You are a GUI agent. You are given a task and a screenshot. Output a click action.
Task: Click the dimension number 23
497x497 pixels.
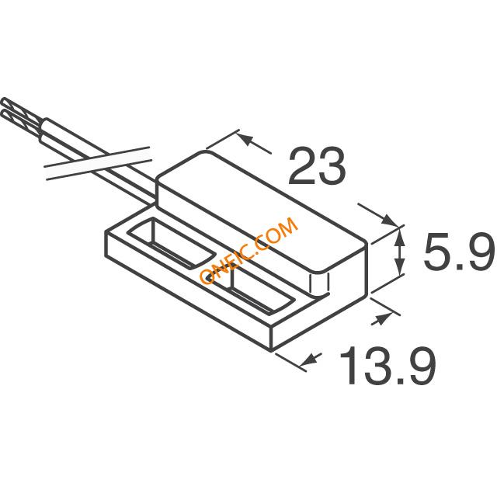(x=316, y=165)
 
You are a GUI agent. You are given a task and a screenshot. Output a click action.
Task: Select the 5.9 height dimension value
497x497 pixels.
(x=459, y=252)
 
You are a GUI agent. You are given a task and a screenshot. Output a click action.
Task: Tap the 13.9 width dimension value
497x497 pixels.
(x=388, y=366)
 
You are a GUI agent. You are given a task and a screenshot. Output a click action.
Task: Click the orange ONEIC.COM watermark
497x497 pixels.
(x=248, y=250)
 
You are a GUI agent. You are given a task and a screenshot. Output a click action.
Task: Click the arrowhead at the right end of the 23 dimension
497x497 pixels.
(x=389, y=220)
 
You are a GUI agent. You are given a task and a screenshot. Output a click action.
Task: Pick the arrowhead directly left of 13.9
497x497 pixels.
(x=310, y=359)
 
